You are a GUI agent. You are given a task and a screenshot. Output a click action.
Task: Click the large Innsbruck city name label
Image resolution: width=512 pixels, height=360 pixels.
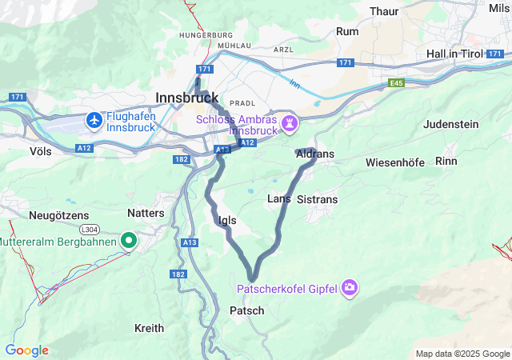186,97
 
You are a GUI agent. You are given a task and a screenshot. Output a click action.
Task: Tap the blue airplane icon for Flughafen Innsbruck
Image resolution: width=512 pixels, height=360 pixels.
95,121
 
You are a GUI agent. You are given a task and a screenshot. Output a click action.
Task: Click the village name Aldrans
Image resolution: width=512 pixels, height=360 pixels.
314,153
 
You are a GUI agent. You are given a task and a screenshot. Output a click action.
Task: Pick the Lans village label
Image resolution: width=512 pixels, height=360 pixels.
278,198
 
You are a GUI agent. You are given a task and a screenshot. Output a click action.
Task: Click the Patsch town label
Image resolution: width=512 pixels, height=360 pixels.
246,310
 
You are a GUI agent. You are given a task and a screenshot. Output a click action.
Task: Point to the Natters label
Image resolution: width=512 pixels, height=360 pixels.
146,213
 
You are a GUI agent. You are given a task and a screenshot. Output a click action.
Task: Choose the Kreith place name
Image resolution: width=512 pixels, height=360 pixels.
149,328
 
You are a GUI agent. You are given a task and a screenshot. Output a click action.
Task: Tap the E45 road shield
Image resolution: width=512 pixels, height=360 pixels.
397,82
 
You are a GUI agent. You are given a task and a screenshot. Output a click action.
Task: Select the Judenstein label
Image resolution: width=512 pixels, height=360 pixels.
450,124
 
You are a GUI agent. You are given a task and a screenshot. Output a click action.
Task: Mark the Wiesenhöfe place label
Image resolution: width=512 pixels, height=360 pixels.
395,162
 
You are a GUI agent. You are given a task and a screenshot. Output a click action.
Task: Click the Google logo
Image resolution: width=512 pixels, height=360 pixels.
26,350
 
